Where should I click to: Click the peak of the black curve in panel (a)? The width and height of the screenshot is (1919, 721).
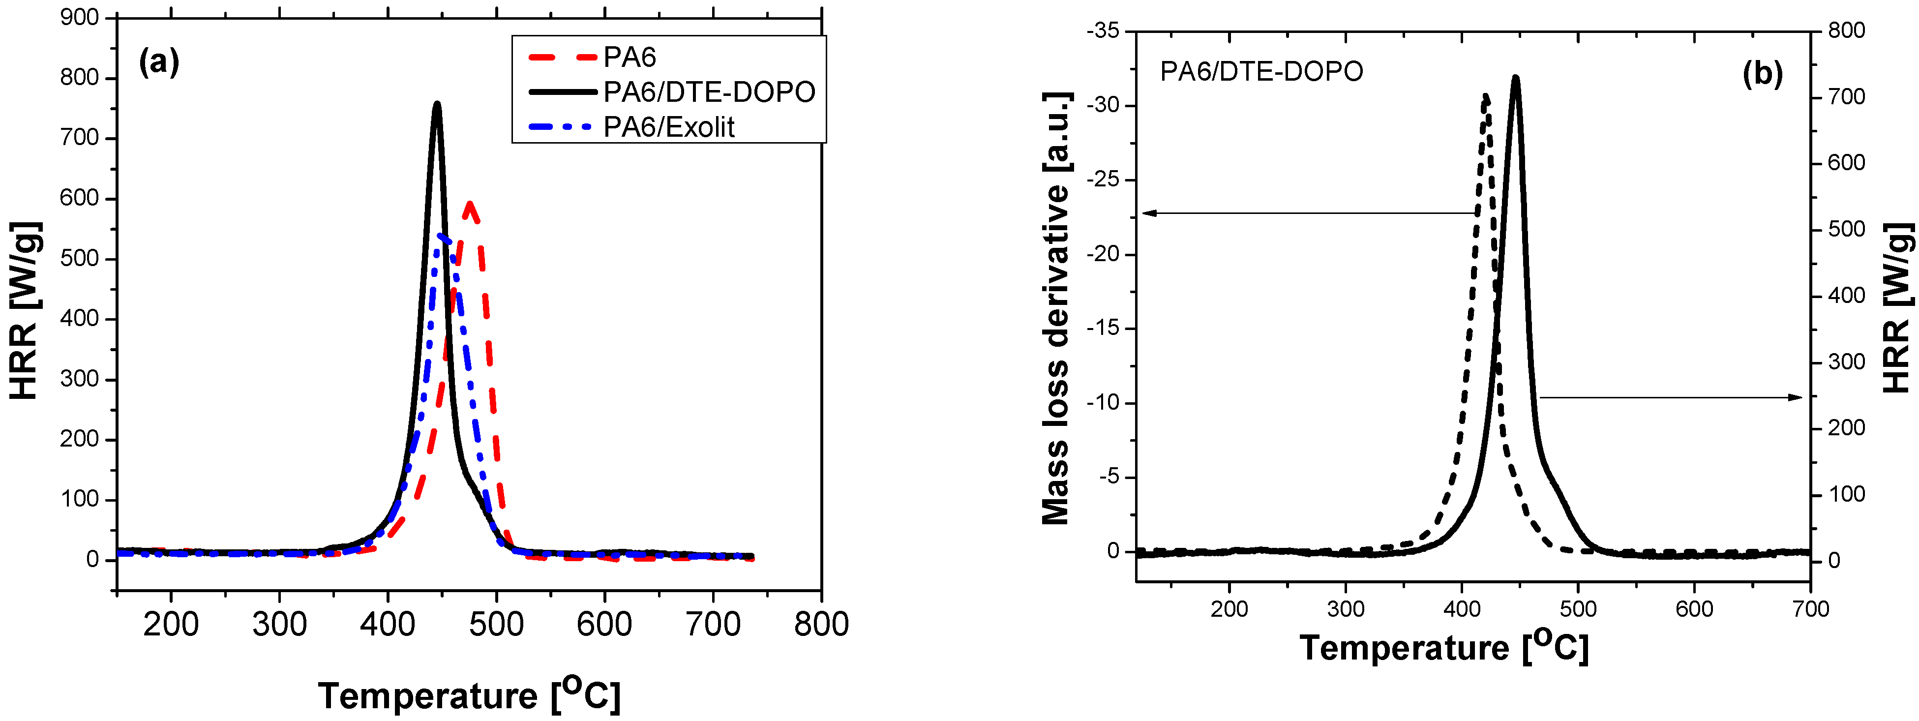point(437,104)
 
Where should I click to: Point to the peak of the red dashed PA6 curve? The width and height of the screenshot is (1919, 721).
point(469,203)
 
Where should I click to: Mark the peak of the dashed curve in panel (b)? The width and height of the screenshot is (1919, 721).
point(1485,96)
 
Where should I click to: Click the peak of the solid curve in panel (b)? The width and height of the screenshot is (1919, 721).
point(1515,78)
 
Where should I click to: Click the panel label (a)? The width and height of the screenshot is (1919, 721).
point(159,62)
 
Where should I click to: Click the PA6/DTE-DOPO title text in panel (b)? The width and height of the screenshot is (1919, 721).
point(1261,71)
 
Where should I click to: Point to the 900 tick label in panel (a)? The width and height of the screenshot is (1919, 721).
point(80,17)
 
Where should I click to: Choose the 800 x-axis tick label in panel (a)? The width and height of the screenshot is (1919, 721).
point(821,624)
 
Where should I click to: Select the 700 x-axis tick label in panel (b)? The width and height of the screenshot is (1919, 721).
point(1811,609)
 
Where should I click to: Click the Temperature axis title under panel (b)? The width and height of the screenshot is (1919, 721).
point(1444,647)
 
